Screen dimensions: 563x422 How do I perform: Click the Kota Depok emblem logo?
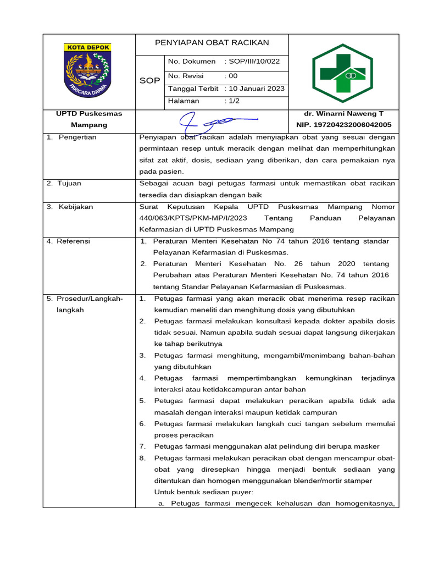click(88, 71)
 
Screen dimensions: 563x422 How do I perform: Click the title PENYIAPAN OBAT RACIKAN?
click(212, 43)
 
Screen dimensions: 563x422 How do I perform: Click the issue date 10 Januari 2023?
click(257, 89)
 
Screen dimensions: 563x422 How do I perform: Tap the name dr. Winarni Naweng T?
click(343, 114)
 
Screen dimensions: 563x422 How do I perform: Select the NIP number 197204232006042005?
click(343, 125)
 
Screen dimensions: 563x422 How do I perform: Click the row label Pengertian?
click(76, 137)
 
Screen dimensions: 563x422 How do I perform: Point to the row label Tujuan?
click(72, 183)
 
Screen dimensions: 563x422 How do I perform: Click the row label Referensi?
click(75, 241)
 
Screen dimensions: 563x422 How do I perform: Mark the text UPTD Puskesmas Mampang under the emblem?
click(88, 119)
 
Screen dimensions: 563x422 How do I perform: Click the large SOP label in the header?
click(149, 81)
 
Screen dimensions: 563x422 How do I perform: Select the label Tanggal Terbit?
click(193, 89)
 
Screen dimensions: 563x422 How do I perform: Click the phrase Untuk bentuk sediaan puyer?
click(203, 492)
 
